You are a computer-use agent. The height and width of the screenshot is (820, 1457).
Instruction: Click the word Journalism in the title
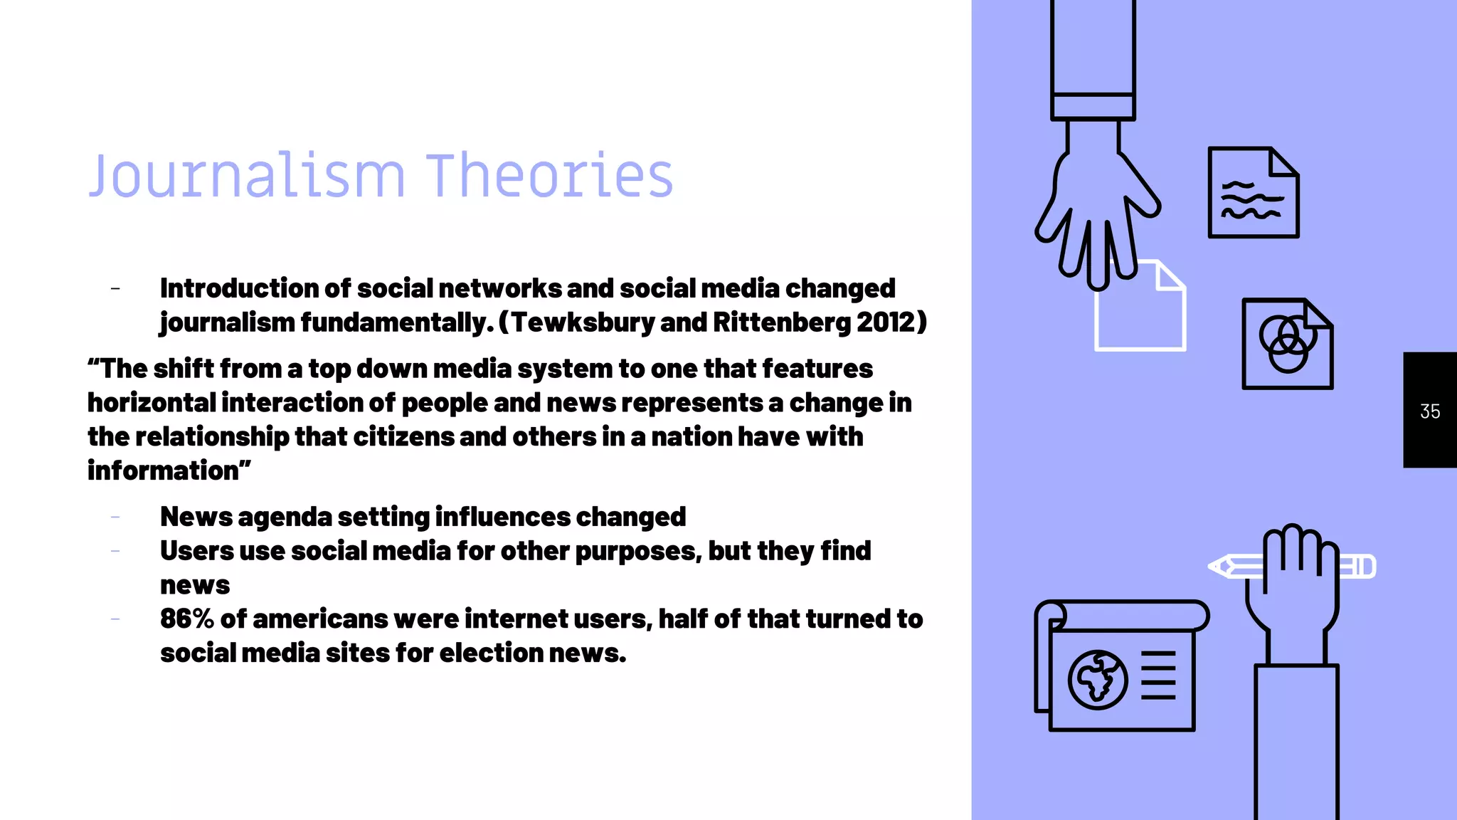pos(246,176)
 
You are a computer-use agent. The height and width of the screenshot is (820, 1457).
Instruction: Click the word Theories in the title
pos(549,176)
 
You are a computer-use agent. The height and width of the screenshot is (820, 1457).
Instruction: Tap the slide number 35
pos(1430,411)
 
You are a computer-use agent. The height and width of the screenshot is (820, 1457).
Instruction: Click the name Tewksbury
pos(583,322)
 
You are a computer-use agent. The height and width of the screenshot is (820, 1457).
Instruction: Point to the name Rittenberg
pos(781,322)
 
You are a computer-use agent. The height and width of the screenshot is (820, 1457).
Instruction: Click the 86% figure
pos(186,619)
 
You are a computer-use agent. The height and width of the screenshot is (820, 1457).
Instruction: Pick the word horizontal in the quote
pos(152,403)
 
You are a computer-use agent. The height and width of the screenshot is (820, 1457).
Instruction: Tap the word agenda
pos(285,517)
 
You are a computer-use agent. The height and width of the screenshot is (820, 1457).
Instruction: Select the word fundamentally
pos(396,322)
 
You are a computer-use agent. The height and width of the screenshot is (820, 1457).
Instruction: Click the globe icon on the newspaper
pos(1097,680)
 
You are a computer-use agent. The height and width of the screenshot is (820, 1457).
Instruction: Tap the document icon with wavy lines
pos(1253,192)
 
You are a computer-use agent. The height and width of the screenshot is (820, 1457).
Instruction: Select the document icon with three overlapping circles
pos(1287,344)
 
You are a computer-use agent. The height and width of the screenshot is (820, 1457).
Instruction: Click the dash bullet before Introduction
pos(115,288)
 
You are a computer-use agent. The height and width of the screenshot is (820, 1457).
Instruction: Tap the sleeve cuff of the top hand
pos(1093,107)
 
